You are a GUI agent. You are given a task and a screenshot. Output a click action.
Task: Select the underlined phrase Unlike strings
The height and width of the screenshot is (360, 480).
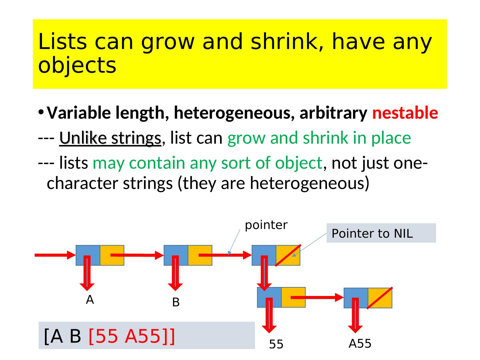[x=110, y=138]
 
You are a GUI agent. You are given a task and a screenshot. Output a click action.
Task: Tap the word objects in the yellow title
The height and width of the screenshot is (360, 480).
[x=77, y=65]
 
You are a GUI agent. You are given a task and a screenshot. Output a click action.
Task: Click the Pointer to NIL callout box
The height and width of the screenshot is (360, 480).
[x=381, y=233]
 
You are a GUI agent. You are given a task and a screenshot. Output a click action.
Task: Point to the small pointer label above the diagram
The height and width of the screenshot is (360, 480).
[x=266, y=225]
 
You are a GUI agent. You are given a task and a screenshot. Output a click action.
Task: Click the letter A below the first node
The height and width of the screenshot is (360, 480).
[x=90, y=299]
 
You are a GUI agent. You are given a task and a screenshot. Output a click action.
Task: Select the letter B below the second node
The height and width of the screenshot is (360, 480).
[x=176, y=302]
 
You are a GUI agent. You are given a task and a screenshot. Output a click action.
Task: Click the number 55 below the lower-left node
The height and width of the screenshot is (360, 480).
[x=276, y=344]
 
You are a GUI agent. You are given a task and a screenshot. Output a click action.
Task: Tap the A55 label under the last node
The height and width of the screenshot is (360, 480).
[x=360, y=343]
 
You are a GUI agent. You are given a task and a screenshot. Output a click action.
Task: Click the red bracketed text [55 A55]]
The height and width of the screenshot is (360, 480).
[x=132, y=336]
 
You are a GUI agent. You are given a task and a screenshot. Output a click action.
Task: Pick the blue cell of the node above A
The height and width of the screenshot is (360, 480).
[x=88, y=255]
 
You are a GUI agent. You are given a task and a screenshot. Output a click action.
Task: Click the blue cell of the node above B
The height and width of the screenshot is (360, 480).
[x=176, y=255]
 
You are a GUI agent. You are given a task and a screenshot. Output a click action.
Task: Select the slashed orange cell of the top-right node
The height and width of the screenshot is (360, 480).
[x=288, y=255]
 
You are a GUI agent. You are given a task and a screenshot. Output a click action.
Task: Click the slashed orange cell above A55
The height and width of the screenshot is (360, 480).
[x=380, y=298]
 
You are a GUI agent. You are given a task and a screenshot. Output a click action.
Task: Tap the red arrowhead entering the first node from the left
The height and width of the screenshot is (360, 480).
[x=71, y=255]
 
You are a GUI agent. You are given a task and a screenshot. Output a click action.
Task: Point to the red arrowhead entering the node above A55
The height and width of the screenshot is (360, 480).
[x=339, y=297]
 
